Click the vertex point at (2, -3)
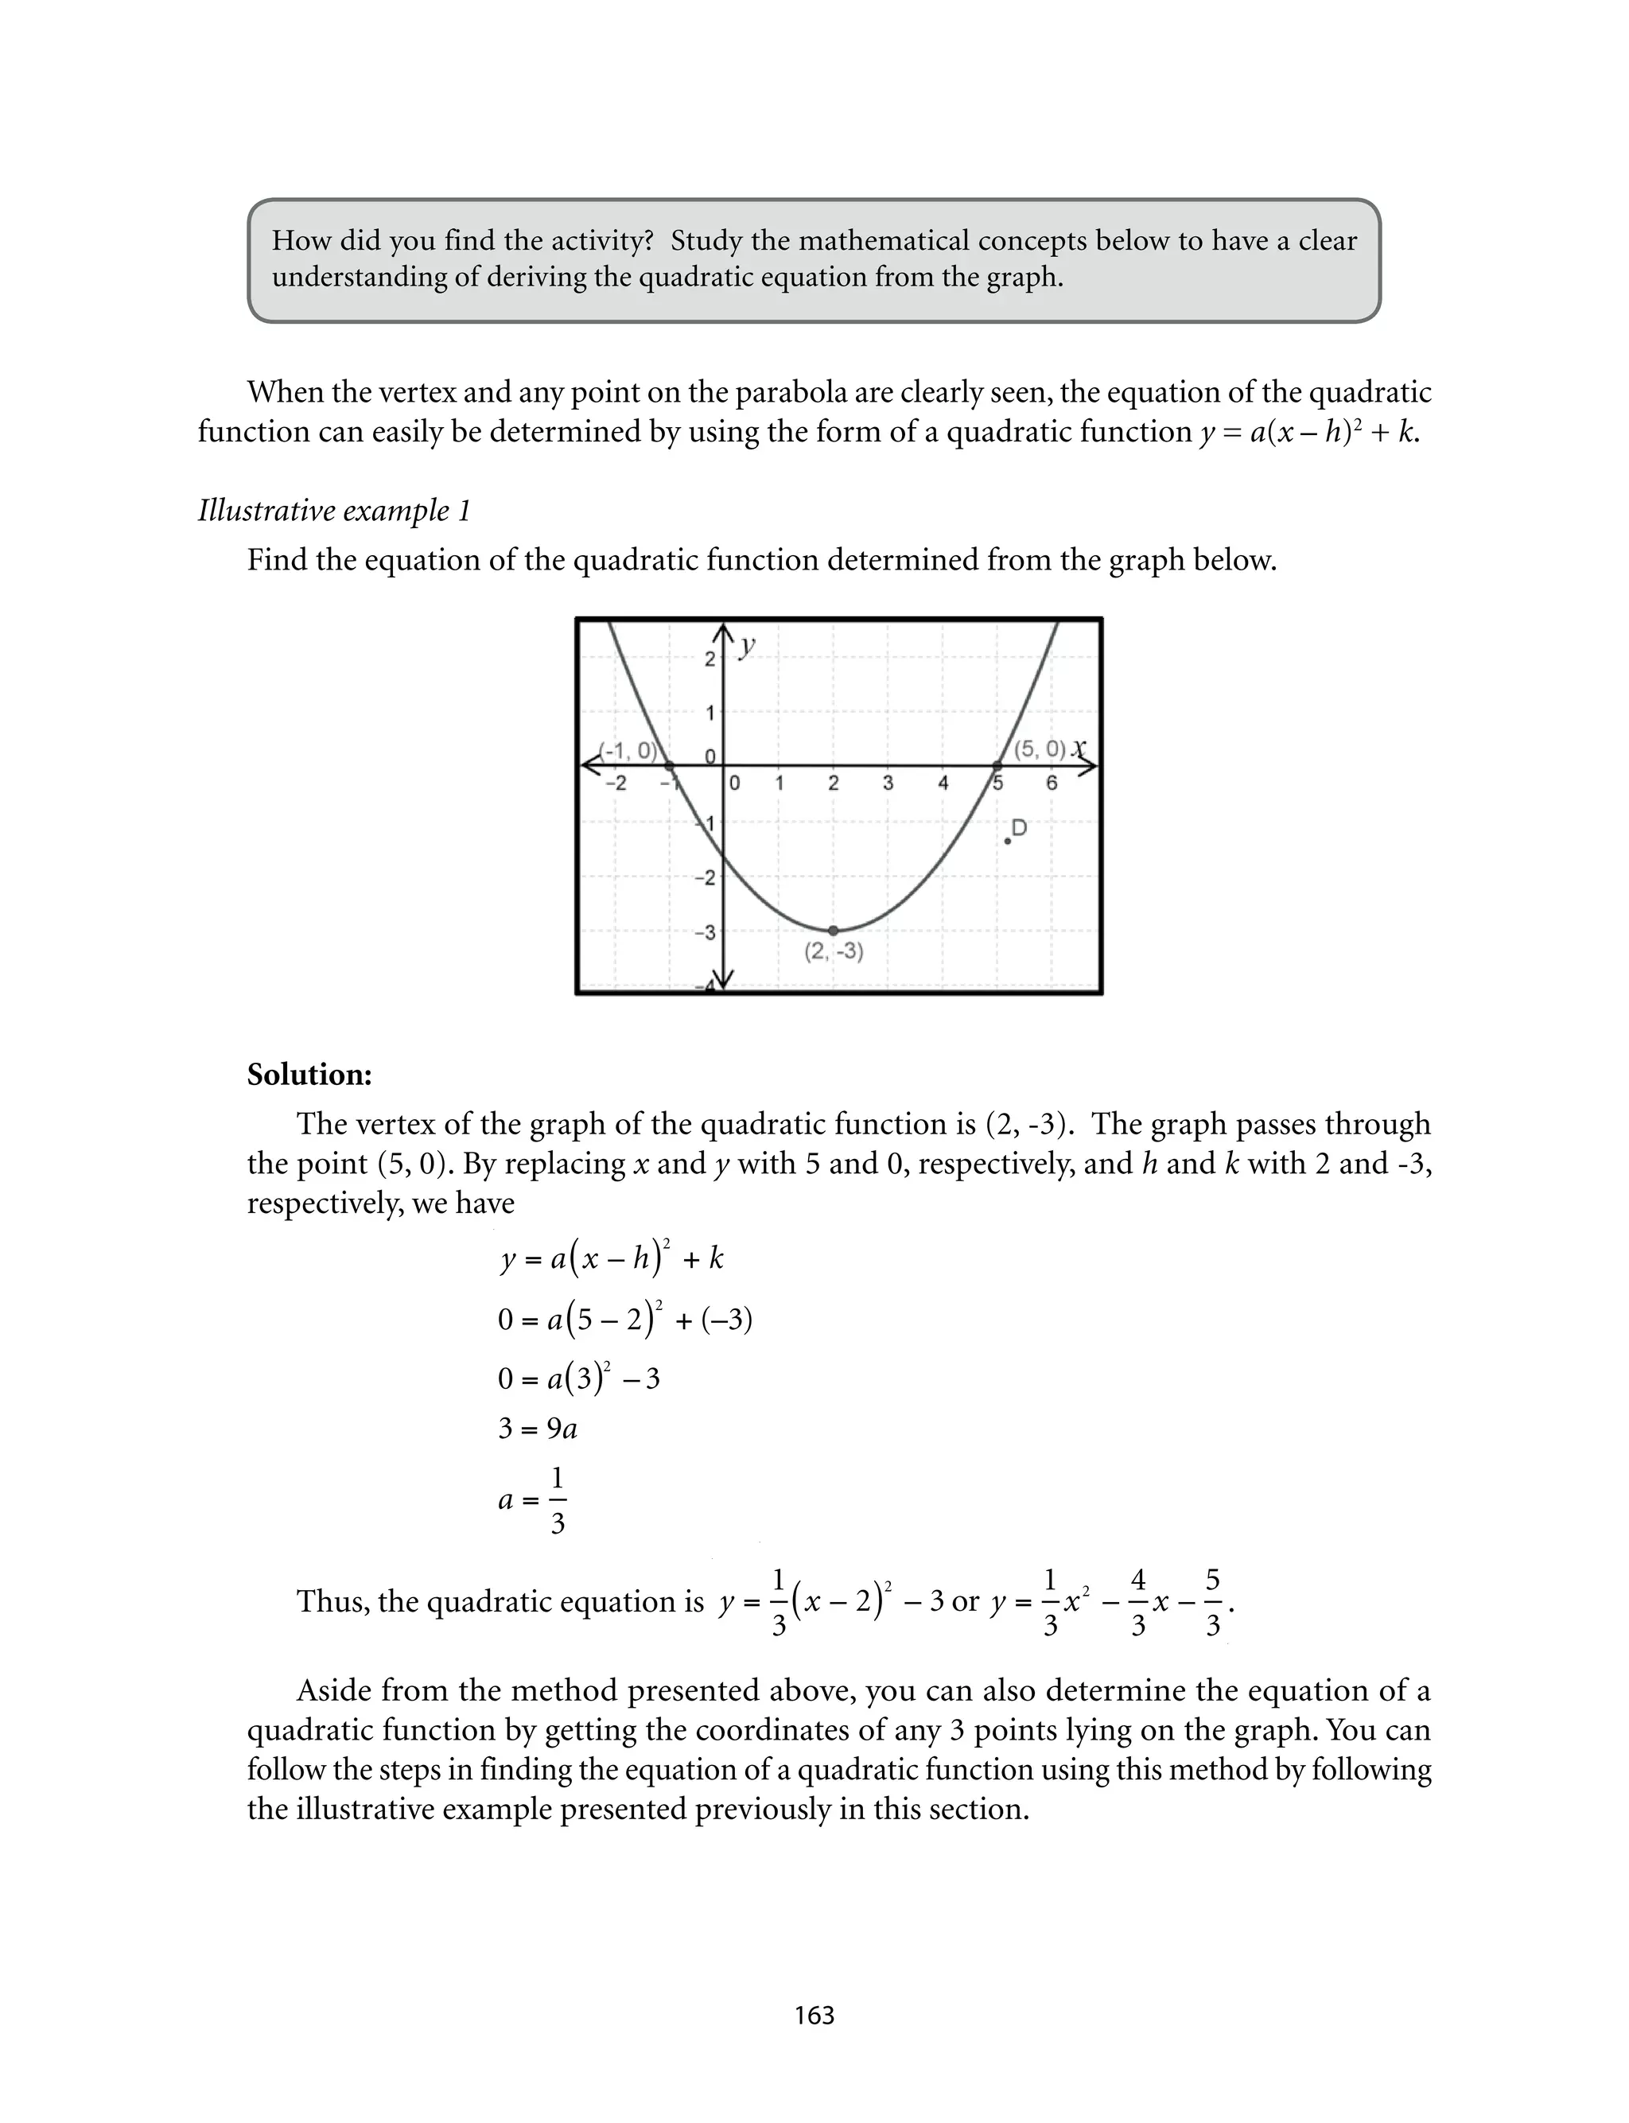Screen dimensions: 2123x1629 click(x=833, y=931)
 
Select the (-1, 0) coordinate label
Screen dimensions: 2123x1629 click(x=628, y=750)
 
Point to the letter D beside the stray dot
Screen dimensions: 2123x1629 click(x=1019, y=828)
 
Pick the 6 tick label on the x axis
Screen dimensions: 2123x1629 click(x=1051, y=783)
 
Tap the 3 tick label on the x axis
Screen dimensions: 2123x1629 click(x=887, y=783)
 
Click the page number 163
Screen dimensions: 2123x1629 click(x=814, y=2016)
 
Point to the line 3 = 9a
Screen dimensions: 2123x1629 click(x=537, y=1429)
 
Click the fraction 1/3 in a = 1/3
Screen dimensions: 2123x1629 click(x=558, y=1501)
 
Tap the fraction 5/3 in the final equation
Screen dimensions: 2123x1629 click(x=1213, y=1601)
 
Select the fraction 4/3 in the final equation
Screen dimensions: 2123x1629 click(x=1138, y=1601)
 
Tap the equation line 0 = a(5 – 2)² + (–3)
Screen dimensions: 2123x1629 click(x=625, y=1320)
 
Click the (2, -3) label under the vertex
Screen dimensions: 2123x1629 click(x=834, y=952)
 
